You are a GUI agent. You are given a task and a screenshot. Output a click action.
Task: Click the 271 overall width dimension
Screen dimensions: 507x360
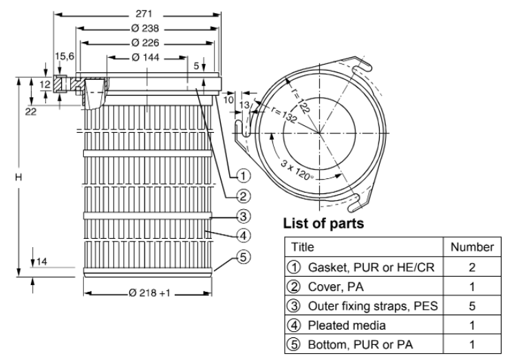click(144, 14)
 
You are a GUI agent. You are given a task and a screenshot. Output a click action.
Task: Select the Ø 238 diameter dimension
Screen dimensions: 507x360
click(145, 28)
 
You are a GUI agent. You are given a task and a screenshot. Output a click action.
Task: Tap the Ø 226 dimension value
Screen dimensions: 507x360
click(145, 43)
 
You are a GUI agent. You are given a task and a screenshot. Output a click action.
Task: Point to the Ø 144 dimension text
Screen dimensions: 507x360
click(146, 57)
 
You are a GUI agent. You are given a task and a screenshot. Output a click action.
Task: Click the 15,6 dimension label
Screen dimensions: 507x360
click(65, 56)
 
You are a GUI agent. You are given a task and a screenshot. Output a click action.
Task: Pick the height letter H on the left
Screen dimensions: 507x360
click(19, 177)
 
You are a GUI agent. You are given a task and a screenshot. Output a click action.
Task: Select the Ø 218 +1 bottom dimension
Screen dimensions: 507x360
click(149, 293)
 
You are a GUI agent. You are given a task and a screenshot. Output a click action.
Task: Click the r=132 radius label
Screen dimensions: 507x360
click(284, 115)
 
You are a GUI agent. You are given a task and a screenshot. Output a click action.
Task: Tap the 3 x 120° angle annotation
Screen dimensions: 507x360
click(296, 170)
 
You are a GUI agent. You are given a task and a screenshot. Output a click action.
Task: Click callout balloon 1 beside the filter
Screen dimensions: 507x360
click(244, 176)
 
